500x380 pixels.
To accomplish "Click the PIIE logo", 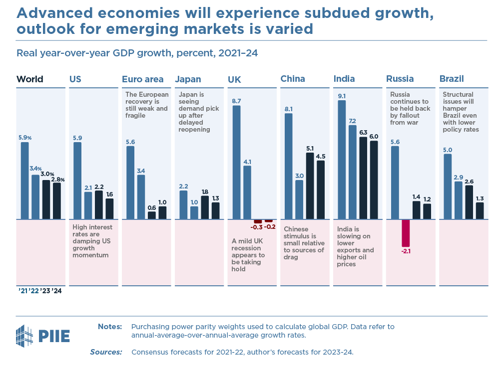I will pos(43,335).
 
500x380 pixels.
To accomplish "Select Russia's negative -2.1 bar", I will pos(406,233).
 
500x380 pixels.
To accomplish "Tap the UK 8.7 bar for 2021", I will pos(236,162).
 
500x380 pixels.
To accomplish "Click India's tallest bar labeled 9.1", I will pos(342,160).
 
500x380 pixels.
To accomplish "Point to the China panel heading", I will pos(293,79).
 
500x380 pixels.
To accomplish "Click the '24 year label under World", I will pos(57,291).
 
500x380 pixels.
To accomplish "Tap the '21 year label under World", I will pos(23,291).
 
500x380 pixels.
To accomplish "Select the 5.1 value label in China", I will pos(310,148).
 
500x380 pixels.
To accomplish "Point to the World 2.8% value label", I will pos(58,179).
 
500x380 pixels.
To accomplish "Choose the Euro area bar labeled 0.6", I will pos(152,215).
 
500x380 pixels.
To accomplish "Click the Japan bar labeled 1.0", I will pos(194,213).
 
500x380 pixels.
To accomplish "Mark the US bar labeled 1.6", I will pos(109,209).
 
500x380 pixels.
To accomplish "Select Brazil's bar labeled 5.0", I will pos(448,187).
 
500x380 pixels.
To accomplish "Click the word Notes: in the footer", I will pos(110,327).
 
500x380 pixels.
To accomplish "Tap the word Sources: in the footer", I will pos(106,352).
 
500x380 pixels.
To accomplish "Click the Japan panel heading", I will pos(188,79).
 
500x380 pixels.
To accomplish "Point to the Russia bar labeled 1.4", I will pos(416,210).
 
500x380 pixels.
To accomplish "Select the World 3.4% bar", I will pos(35,197).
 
